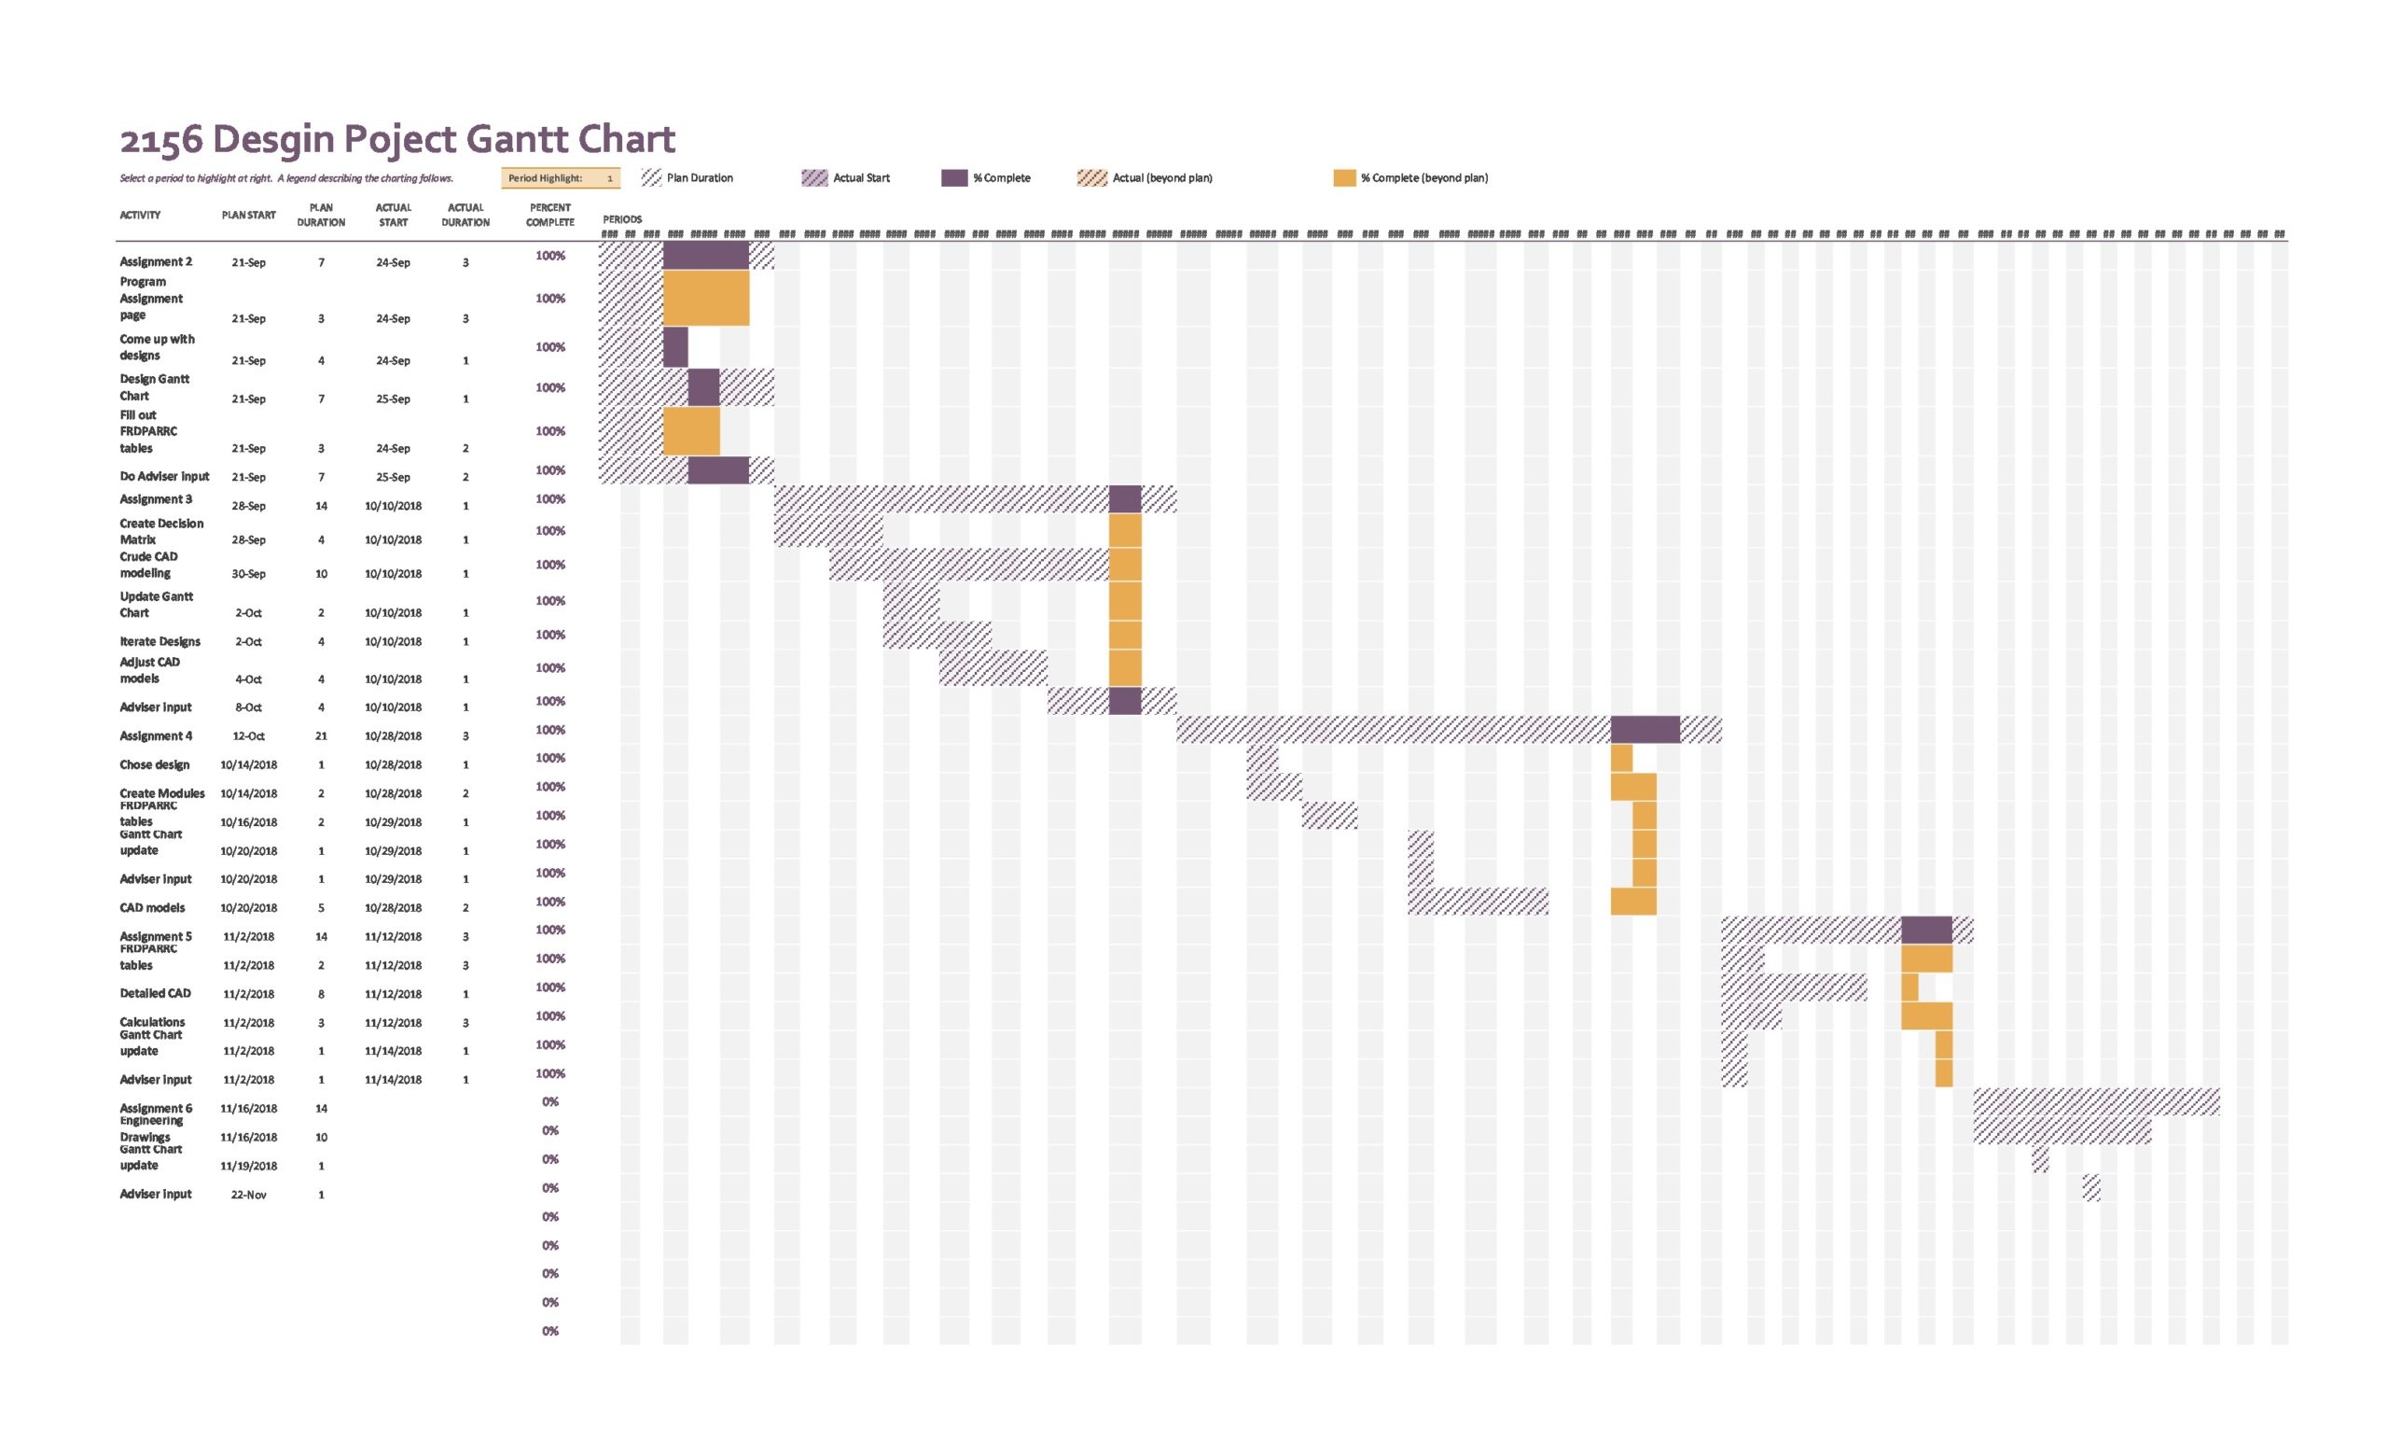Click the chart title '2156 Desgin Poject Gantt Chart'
397,140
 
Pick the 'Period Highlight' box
562,178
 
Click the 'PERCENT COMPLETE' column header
549,216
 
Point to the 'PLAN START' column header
248,216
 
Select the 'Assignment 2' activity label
156,261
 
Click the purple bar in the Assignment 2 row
705,256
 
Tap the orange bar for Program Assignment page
705,299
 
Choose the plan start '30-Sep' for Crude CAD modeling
248,574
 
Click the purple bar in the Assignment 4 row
1645,730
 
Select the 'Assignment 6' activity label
156,1108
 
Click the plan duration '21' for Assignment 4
321,735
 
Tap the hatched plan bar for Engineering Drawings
2062,1131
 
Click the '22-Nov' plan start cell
248,1196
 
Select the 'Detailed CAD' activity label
155,994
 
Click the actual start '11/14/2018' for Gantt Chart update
393,1051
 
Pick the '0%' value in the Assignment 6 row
549,1102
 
